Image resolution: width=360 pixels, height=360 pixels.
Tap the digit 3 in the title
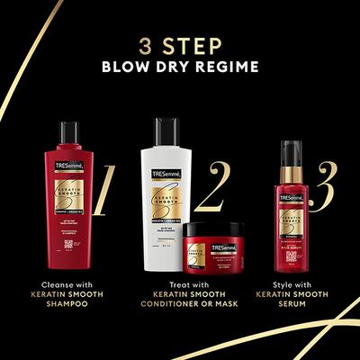144,43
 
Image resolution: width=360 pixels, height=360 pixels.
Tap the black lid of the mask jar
213,230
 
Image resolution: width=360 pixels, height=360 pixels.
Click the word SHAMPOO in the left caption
68,305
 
